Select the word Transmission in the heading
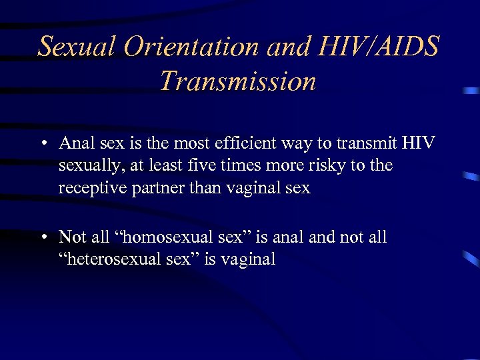(238, 81)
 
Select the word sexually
(85, 166)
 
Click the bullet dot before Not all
(43, 237)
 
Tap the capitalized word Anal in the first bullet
(74, 143)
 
